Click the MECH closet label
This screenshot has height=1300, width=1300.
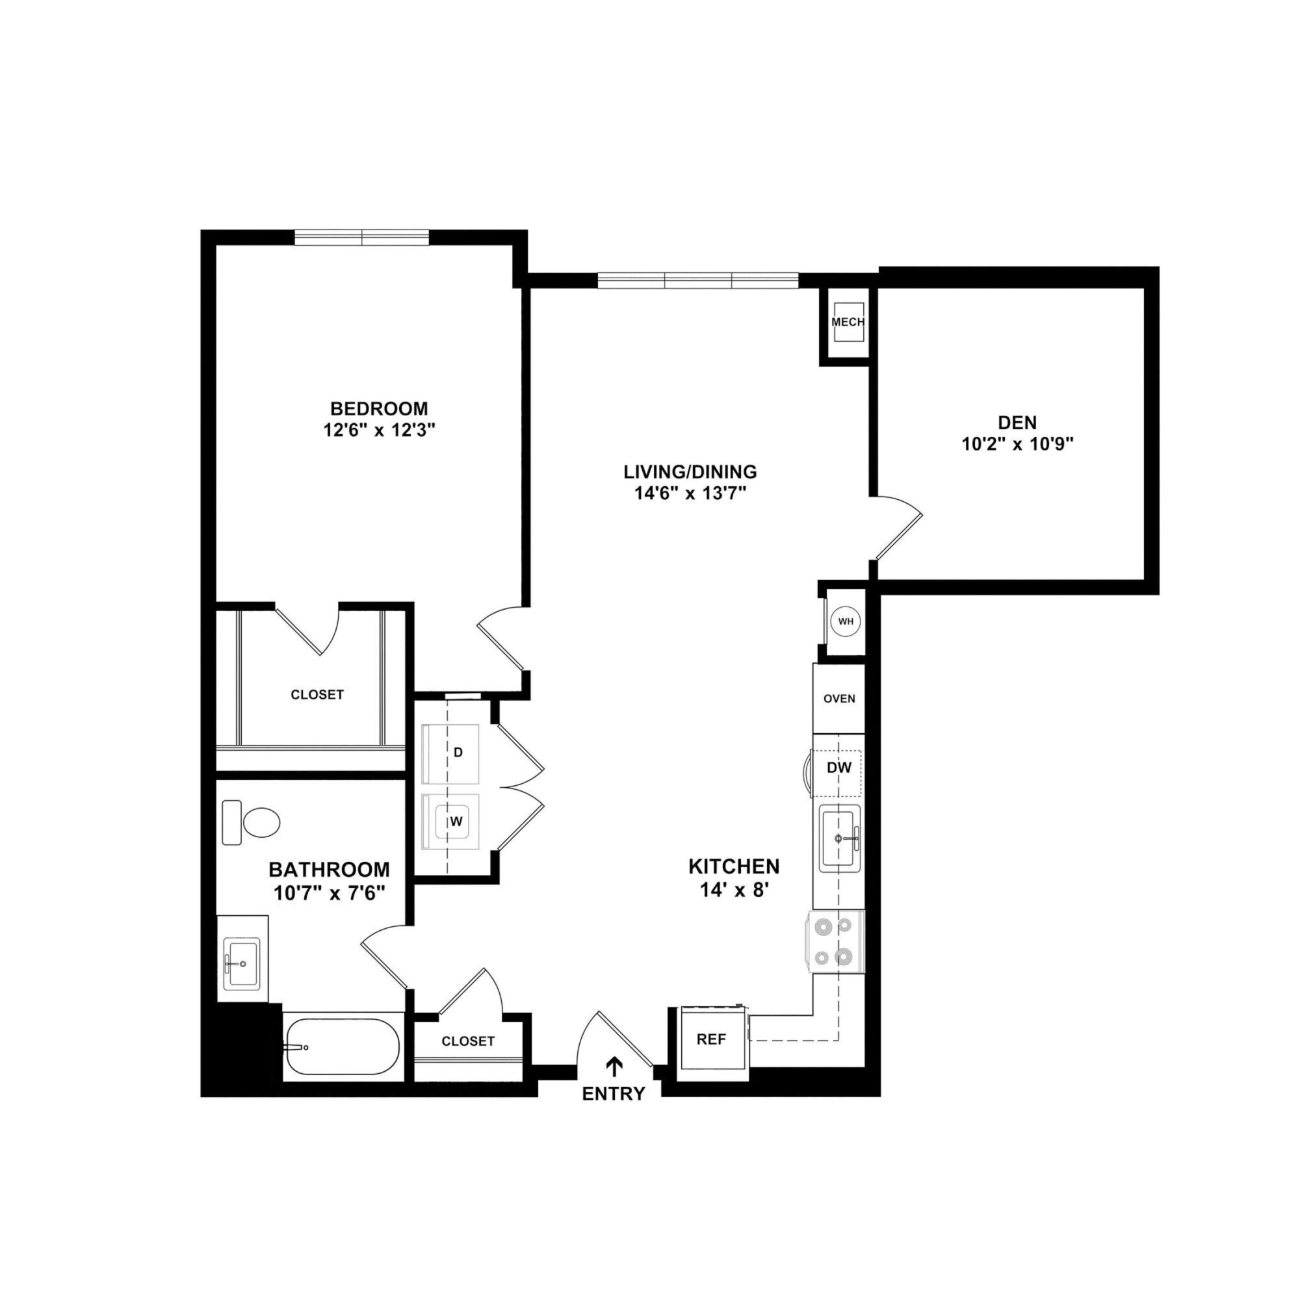pos(847,322)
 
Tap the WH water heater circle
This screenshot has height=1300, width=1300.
pos(846,621)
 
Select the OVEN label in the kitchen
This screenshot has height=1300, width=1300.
pos(839,699)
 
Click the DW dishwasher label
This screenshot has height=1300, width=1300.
pos(839,767)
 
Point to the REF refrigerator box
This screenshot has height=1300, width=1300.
pos(712,1039)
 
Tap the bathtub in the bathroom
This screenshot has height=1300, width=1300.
pos(343,1047)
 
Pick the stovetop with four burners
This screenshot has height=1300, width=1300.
pos(838,941)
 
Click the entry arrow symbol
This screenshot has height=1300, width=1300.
pos(614,1066)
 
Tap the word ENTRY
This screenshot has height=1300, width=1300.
pos(613,1094)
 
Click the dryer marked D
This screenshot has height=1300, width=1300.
pos(451,753)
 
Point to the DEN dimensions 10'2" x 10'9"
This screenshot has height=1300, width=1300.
pos(1017,444)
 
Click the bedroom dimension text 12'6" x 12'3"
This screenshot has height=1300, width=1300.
pos(379,430)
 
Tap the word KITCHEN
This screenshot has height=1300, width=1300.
pos(733,866)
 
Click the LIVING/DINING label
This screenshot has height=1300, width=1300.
pos(690,471)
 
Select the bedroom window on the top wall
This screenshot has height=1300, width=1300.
pos(361,237)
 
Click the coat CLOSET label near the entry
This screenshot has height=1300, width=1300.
pos(467,1041)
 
